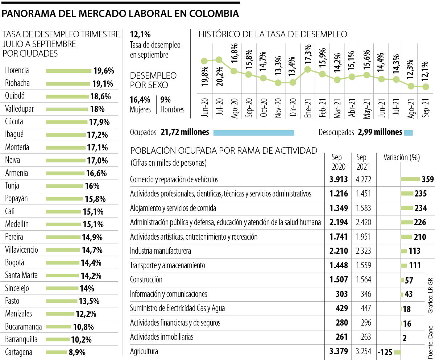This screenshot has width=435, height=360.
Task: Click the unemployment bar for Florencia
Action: click(x=69, y=71)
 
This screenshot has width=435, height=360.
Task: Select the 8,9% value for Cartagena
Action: click(x=77, y=352)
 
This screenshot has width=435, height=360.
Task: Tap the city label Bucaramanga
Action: click(x=24, y=327)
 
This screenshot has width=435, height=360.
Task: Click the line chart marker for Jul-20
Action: click(x=219, y=59)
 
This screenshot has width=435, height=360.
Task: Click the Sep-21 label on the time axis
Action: click(x=426, y=108)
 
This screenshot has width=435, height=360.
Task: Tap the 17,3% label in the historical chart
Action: click(x=308, y=54)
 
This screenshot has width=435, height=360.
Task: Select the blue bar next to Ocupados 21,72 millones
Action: click(x=254, y=133)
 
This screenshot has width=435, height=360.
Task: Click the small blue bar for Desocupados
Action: click(x=408, y=133)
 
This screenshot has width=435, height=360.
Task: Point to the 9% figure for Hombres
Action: click(x=165, y=100)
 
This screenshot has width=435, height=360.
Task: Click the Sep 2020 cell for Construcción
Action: click(x=339, y=280)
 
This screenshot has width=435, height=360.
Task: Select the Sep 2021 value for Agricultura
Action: click(x=363, y=351)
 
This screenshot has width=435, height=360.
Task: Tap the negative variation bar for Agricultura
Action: click(x=397, y=352)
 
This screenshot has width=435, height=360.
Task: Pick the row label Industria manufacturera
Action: click(x=160, y=251)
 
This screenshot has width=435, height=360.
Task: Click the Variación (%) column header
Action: click(x=402, y=157)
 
